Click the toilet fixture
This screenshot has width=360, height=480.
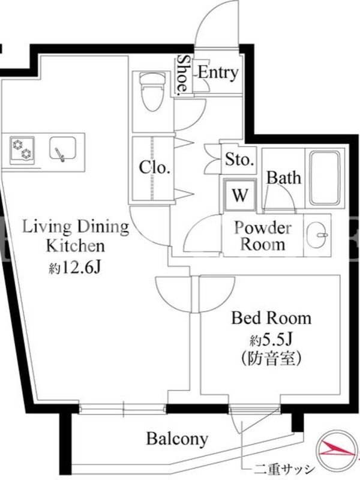152,91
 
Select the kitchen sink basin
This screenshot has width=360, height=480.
63,148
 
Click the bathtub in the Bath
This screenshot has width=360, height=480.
325,178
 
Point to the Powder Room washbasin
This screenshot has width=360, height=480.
318,235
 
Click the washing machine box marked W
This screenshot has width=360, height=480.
240,194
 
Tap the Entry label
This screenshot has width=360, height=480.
218,73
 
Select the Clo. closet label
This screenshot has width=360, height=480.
154,167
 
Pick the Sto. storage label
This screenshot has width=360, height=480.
239,159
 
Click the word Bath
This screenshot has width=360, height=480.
284,178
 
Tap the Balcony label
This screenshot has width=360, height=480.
177,439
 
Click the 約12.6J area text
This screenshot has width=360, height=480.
74,268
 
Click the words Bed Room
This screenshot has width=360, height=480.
271,318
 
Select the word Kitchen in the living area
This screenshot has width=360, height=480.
76,246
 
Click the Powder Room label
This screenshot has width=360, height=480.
263,236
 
